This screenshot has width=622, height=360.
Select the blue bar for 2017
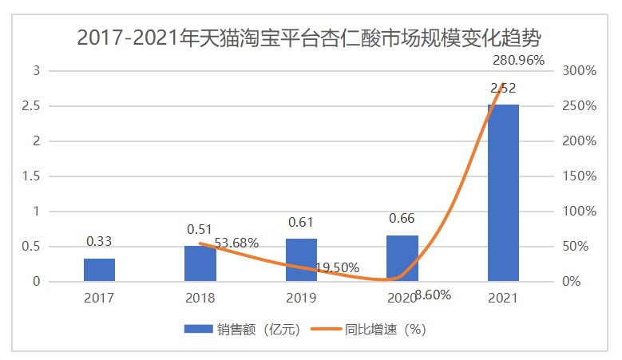pos(99,270)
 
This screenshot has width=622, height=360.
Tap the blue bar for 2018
pos(200,263)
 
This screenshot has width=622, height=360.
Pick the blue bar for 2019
pos(301,260)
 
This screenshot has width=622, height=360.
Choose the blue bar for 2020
pos(402,259)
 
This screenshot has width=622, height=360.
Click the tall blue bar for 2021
pos(503,193)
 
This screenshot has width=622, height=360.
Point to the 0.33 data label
pos(99,240)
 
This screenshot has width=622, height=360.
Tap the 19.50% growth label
pos(337,267)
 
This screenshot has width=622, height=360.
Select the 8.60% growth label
pos(433,295)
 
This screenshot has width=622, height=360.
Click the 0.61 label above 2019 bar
pos(301,222)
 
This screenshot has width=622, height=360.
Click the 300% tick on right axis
pos(579,71)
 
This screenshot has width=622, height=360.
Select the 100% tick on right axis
pos(579,212)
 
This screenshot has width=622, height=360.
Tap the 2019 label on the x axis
pos(301,298)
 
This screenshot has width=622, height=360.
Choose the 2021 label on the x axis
pos(503,298)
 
